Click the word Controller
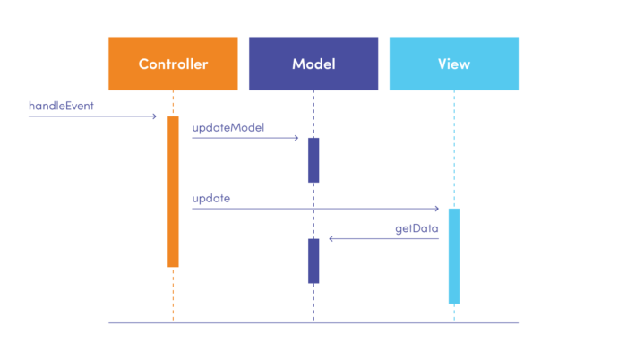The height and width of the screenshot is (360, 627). pos(173,64)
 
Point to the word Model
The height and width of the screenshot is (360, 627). pos(313,64)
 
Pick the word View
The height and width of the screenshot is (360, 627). pos(453,64)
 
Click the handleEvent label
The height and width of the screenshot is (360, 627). pos(61,106)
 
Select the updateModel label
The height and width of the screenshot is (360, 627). pos(228,128)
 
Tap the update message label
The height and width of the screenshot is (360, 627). pos(210,198)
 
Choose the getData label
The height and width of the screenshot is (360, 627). pos(417,228)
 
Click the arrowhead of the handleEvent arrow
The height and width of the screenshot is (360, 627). pos(155,116)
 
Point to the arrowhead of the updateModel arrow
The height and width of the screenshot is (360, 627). pos(296,138)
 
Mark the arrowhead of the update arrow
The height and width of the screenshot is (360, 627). pos(436,209)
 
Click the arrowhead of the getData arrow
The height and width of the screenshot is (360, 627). pos(331,239)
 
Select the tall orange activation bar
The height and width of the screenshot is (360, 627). pos(173,191)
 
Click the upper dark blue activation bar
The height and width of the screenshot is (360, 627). pos(313,159)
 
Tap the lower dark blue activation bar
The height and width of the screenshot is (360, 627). pos(313,261)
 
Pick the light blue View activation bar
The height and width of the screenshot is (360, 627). pos(454,256)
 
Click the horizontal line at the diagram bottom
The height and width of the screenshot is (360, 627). pos(313,322)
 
